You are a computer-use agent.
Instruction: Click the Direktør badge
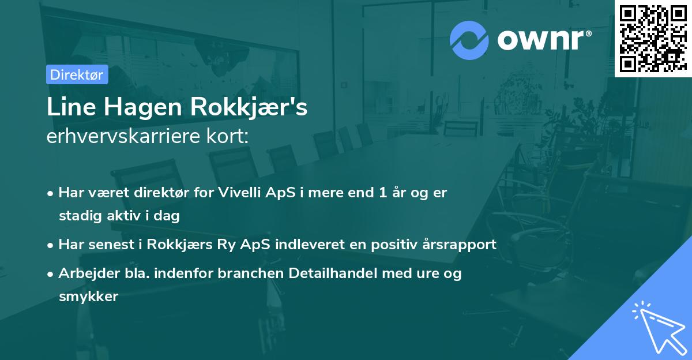click(77, 74)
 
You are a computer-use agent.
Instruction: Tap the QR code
click(653, 39)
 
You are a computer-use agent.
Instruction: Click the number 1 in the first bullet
click(382, 193)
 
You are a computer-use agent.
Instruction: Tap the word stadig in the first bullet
click(77, 216)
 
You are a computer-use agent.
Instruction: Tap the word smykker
click(88, 297)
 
